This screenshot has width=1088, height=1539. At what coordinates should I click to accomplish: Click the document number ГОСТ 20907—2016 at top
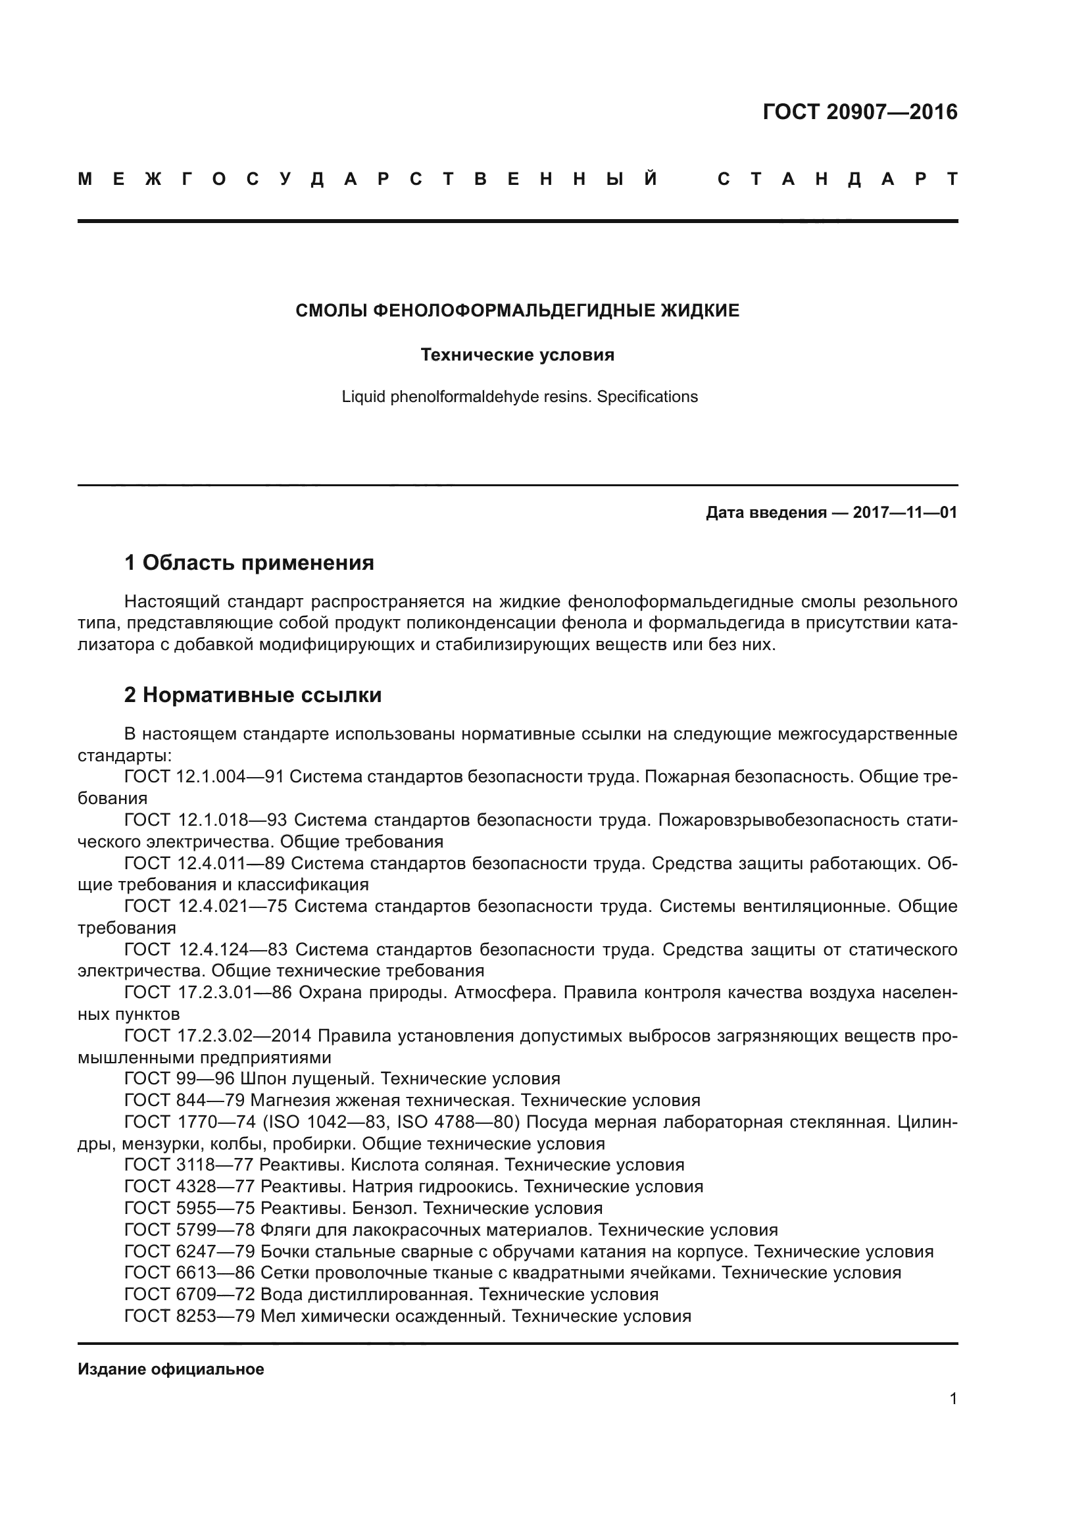click(860, 112)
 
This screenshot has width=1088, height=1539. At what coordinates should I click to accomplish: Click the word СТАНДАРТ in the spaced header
click(837, 180)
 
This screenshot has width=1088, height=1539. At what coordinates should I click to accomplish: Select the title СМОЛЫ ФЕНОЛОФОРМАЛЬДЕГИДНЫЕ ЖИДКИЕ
click(517, 311)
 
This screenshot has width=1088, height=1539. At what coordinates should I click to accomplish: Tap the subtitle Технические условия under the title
click(517, 355)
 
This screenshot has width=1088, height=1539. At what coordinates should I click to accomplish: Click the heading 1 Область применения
click(249, 563)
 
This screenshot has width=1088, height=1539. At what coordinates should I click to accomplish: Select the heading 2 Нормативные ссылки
click(253, 695)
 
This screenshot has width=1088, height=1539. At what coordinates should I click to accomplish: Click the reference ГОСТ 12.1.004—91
click(205, 777)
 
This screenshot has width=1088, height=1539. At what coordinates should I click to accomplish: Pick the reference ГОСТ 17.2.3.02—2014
click(218, 1036)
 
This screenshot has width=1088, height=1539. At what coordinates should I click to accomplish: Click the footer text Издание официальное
click(171, 1369)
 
